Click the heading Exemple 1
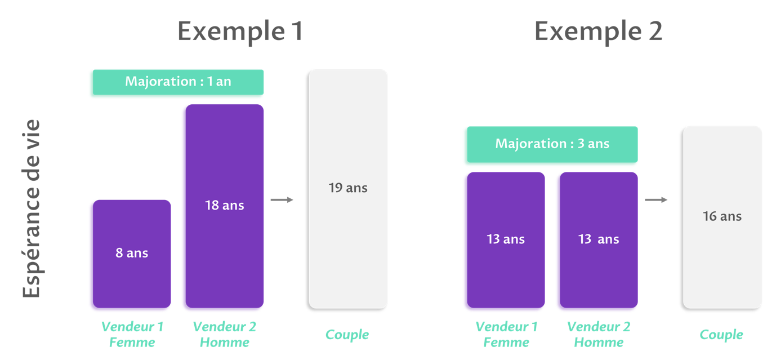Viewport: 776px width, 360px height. tap(240, 32)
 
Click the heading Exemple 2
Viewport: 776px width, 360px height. tap(598, 32)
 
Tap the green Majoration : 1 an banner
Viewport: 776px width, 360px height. tap(178, 82)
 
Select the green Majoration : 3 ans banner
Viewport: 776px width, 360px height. tap(552, 144)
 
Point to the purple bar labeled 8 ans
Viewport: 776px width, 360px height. tap(132, 254)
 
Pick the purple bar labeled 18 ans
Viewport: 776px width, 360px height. tap(225, 206)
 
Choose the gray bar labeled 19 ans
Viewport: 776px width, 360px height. tap(348, 189)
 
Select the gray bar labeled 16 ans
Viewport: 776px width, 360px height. tap(722, 217)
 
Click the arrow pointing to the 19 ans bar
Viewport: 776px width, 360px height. tap(282, 200)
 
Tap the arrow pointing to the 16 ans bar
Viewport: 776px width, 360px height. tap(656, 200)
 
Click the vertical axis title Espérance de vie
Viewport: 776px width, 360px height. tap(31, 208)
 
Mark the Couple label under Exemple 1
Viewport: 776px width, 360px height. tap(347, 335)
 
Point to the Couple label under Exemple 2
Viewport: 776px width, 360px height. tap(721, 335)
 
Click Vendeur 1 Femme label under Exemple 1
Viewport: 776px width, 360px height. tap(132, 334)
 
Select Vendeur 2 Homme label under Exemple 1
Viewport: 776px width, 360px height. tap(225, 334)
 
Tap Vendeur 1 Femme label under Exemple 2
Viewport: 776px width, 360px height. tap(506, 334)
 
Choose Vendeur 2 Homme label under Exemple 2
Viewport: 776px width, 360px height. tap(599, 334)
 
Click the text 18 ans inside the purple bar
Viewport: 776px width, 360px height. tap(225, 205)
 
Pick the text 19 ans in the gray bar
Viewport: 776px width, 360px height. tap(348, 188)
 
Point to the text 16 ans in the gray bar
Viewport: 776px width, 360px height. tap(722, 216)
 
